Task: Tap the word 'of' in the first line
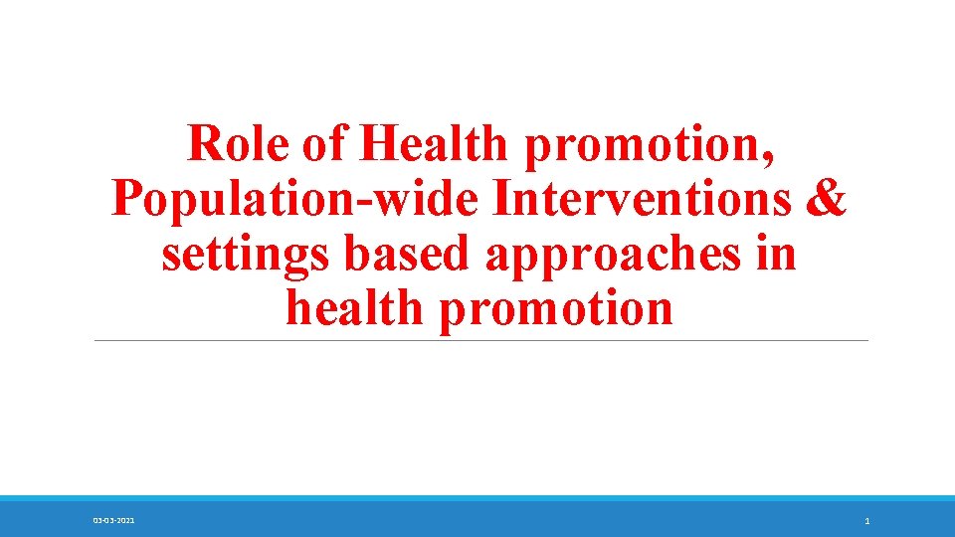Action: point(324,144)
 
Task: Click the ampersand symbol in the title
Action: point(827,199)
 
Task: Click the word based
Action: point(409,254)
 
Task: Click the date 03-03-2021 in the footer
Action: point(114,521)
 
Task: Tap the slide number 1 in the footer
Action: point(867,521)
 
